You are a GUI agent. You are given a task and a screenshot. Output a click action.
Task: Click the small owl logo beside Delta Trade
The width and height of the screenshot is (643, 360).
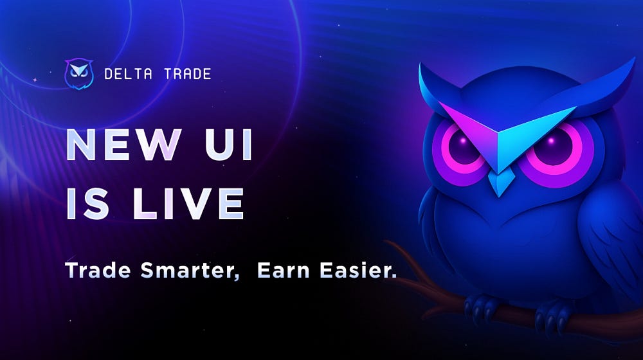click(x=79, y=74)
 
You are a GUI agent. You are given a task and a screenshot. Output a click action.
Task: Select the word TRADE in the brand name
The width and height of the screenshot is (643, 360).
click(x=186, y=75)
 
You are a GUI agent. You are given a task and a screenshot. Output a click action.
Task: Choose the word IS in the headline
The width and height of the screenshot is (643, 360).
click(x=90, y=204)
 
